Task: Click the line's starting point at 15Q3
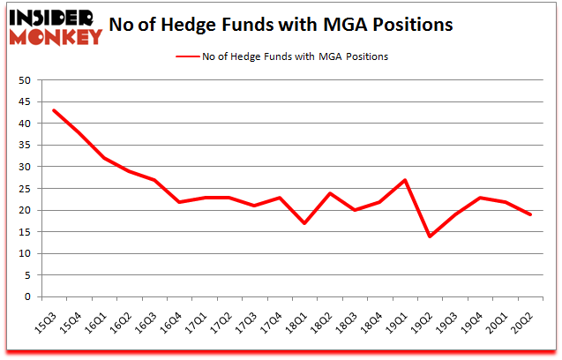[54, 110]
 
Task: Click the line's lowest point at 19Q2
[431, 236]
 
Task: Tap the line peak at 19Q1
[405, 180]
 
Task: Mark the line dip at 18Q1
[305, 223]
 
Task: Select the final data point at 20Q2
[530, 214]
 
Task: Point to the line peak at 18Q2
[330, 193]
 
